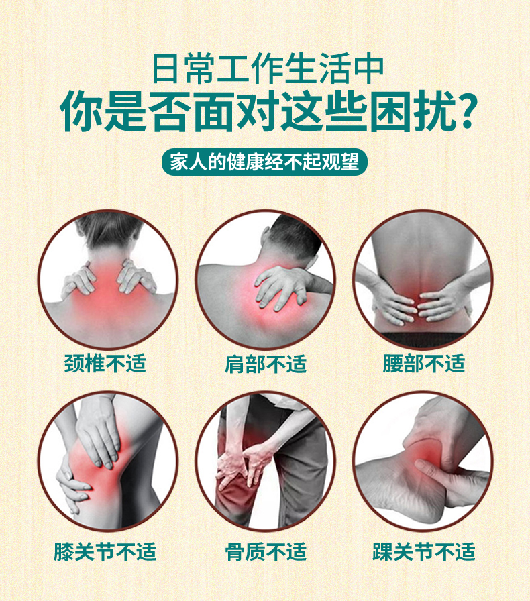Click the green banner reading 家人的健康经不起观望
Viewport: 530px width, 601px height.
[x=264, y=163]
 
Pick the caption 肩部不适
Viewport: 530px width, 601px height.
[x=265, y=364]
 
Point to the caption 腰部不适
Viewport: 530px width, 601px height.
[x=424, y=364]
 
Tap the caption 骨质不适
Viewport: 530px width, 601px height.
[x=265, y=551]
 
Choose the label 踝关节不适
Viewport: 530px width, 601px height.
[x=424, y=551]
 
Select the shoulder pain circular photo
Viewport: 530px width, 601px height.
[x=266, y=279]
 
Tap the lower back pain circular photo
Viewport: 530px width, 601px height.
[x=423, y=279]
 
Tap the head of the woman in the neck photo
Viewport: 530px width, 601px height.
[x=107, y=231]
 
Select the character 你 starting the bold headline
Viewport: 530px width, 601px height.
[x=81, y=113]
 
